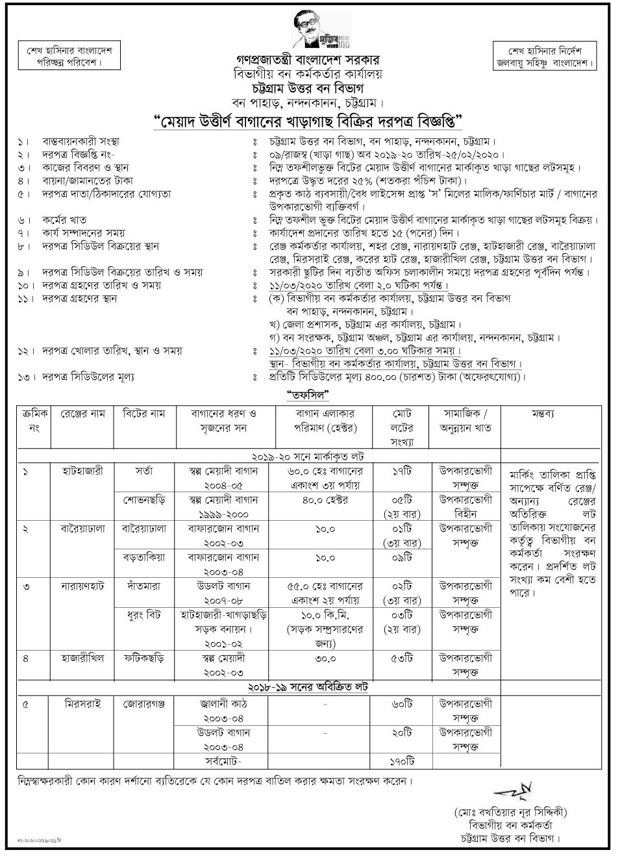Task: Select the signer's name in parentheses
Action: click(512, 812)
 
